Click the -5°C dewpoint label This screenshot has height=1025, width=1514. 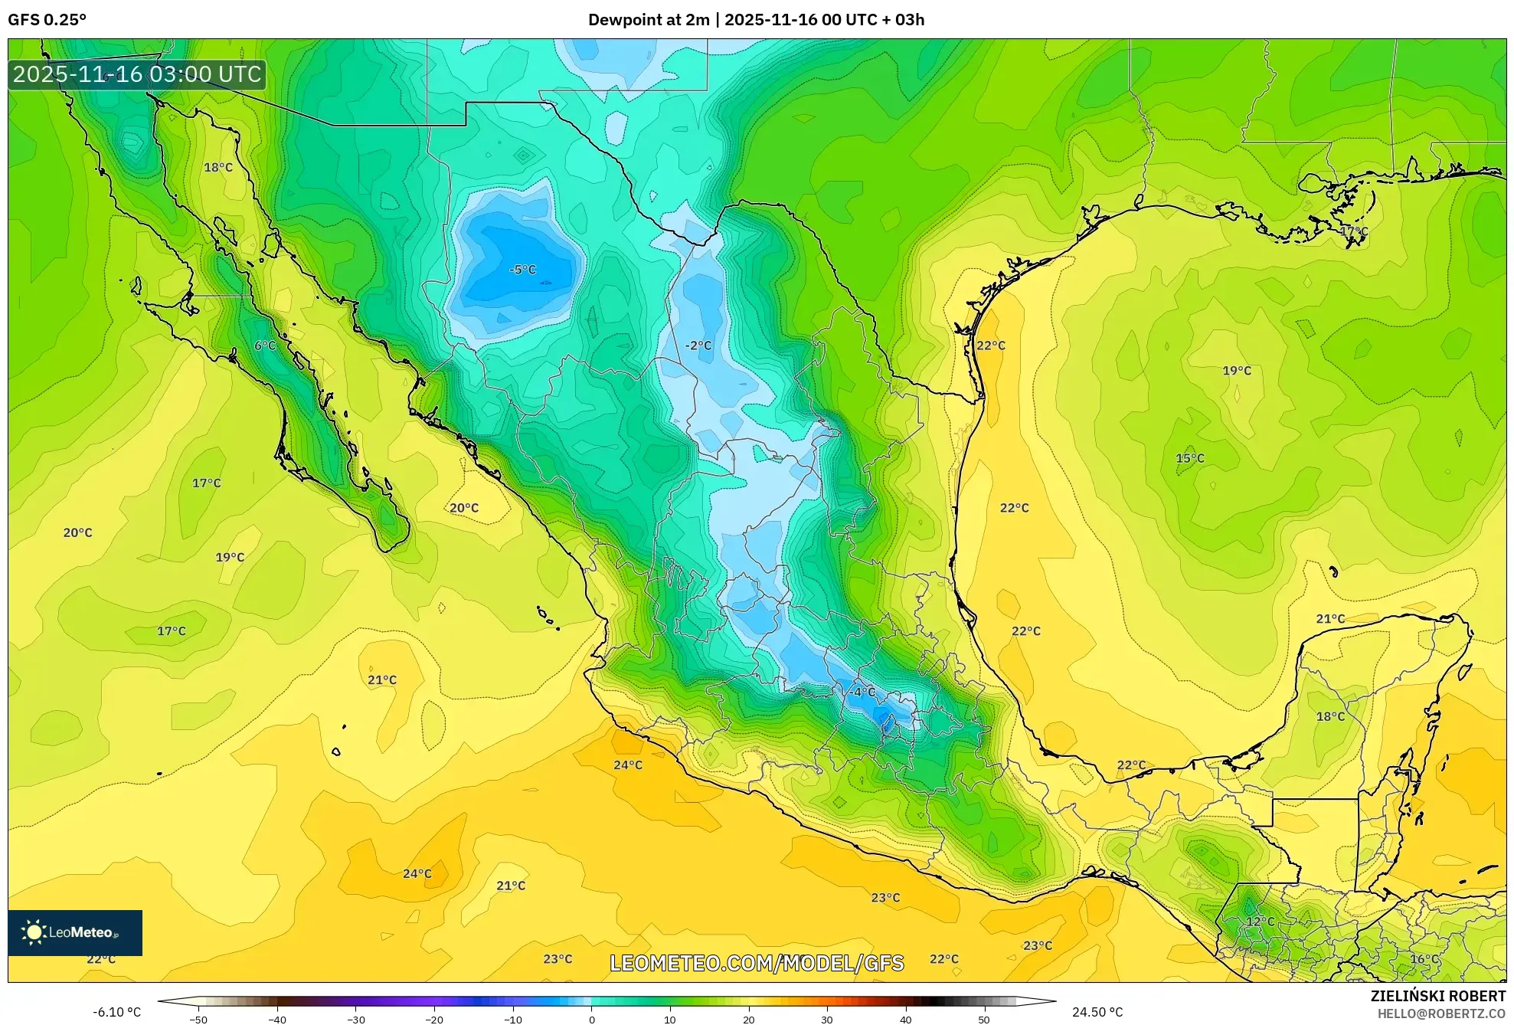522,270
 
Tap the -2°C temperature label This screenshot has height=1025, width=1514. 698,345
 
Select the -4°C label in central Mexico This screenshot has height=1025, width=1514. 862,692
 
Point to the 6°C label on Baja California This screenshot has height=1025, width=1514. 265,345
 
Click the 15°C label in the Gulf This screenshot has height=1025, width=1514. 1189,458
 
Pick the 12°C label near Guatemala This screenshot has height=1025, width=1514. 1260,922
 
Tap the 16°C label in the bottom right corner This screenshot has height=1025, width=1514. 1424,959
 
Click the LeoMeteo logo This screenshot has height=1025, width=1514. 75,932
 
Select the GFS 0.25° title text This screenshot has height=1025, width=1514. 47,20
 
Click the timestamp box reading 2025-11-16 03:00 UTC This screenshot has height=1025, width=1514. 137,74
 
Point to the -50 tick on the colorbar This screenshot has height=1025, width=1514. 198,1020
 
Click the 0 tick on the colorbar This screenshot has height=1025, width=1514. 591,1020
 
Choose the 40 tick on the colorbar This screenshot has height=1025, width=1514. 905,1020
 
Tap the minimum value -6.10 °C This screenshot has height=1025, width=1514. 116,1012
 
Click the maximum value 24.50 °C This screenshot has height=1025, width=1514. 1097,1012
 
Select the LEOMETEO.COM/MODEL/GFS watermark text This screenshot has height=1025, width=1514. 757,963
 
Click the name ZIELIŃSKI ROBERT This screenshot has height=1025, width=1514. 1437,996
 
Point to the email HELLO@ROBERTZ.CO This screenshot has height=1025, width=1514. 1441,1014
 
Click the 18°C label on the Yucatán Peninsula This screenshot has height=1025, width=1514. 1330,716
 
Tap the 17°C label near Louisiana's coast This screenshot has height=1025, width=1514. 1354,231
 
